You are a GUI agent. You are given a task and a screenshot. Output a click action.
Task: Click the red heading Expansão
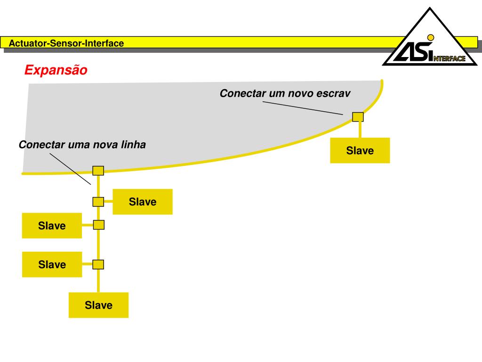point(56,70)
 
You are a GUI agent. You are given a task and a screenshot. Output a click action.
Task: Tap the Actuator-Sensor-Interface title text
point(66,43)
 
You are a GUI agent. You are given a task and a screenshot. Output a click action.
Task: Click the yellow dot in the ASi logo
point(430,37)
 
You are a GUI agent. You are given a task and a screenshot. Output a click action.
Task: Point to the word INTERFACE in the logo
point(449,58)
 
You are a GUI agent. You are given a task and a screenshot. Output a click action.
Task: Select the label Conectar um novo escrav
point(285,94)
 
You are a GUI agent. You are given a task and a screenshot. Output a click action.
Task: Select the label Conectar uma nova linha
point(82,145)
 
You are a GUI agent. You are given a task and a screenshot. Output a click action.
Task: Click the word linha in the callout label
point(133,145)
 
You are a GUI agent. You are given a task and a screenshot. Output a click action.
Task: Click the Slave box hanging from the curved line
point(360,150)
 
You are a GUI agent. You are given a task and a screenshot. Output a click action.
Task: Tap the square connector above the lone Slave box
point(358,116)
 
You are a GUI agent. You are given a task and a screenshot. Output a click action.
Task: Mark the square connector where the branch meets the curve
point(98,171)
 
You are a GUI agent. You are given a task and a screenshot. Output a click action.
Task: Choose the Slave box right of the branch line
point(143,202)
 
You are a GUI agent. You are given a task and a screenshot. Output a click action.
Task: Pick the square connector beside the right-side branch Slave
point(98,202)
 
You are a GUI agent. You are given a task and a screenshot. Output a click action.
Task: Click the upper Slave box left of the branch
point(52,226)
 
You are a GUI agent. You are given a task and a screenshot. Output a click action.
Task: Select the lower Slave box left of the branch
point(52,264)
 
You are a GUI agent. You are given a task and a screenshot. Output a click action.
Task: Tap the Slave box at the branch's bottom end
point(98,305)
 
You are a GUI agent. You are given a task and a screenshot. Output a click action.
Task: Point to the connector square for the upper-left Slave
point(98,225)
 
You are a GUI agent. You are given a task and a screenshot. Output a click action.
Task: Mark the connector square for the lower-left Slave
point(98,264)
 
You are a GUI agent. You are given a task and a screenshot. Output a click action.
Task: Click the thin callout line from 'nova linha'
point(71,169)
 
